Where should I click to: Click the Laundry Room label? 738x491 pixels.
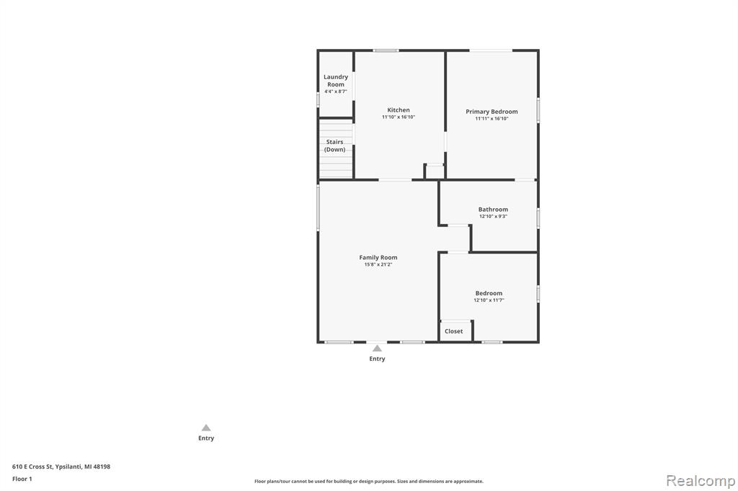pos(336,81)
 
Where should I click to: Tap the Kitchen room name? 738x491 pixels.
pos(399,110)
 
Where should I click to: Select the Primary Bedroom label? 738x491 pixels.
pos(492,112)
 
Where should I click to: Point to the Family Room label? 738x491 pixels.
pos(378,257)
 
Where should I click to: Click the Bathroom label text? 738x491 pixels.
pos(493,210)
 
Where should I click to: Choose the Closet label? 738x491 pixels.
pos(454,331)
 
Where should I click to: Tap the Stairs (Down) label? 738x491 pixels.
pos(334,145)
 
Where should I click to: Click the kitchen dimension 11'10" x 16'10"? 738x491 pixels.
pos(399,117)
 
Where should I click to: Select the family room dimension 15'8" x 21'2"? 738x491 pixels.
pos(378,264)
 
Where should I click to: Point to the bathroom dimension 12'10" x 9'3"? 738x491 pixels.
pos(493,216)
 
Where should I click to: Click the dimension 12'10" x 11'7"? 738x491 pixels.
pos(489,300)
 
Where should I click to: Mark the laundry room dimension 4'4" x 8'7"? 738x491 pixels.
pos(336,91)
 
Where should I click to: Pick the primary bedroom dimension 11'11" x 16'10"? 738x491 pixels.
pos(492,119)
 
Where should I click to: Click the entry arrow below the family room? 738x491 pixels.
pos(377,348)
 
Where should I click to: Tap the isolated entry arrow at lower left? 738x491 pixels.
pos(206,428)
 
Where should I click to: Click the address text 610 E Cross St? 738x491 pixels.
pos(32,467)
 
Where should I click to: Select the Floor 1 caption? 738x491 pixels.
pos(22,479)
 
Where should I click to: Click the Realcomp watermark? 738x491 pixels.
pos(701,481)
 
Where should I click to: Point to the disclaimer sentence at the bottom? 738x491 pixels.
pos(369,482)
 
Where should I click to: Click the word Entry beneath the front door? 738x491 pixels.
pos(377,359)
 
